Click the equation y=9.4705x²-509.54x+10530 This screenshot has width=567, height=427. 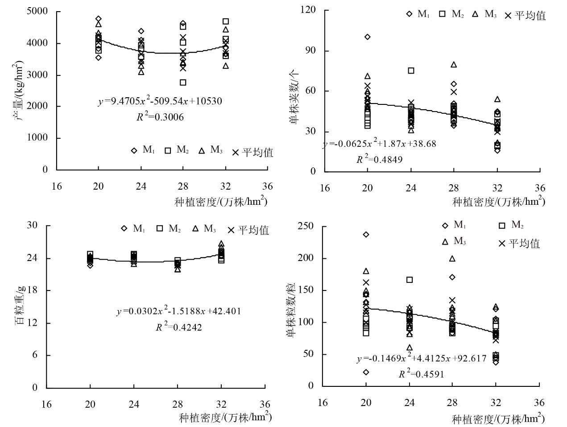[160, 102]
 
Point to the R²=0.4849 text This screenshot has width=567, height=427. [379, 159]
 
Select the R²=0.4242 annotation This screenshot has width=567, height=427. [178, 328]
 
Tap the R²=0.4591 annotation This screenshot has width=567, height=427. [421, 374]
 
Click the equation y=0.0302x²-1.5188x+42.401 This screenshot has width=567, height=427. [178, 311]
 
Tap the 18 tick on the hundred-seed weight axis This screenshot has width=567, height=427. [33, 290]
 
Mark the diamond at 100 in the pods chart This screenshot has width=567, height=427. [367, 37]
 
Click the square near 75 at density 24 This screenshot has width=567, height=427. [411, 70]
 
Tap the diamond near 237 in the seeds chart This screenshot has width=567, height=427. [366, 235]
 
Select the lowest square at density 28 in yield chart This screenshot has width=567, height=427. [183, 83]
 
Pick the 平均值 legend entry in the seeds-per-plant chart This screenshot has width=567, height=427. [518, 244]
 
